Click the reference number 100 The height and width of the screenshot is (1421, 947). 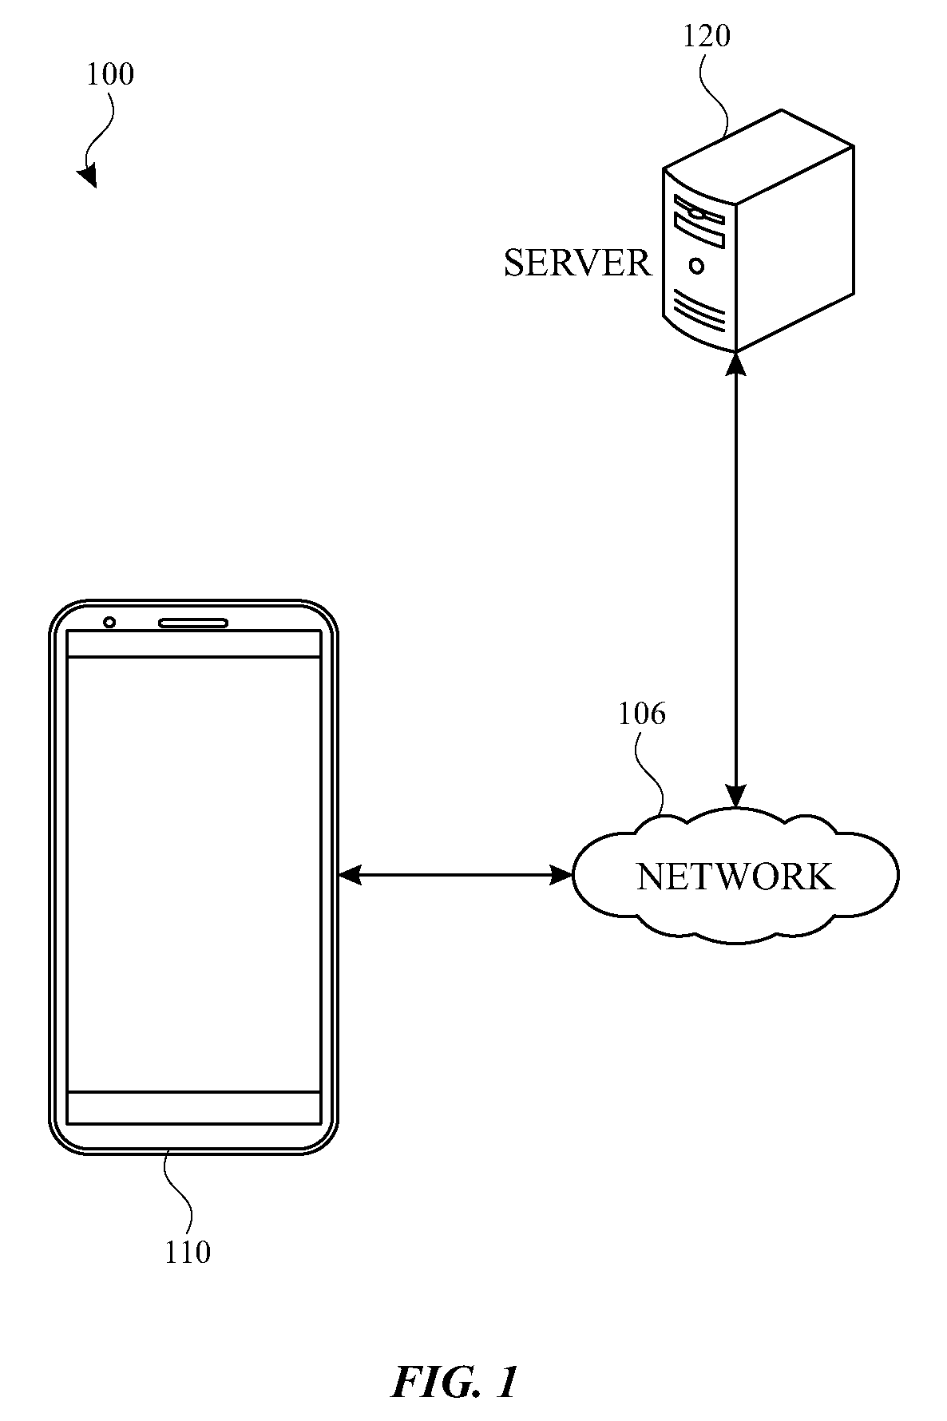tap(110, 74)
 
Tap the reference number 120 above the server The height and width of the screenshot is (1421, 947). tap(706, 36)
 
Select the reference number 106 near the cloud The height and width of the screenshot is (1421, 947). tap(641, 713)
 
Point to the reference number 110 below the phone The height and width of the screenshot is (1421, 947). tap(188, 1252)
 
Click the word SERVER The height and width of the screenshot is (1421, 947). tap(577, 263)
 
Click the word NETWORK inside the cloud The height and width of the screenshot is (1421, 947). tap(735, 877)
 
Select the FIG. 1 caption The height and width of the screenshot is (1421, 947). tap(455, 1382)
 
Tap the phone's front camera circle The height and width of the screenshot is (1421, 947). tap(109, 623)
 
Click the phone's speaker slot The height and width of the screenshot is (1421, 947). tap(193, 623)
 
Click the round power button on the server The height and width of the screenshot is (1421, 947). tap(697, 266)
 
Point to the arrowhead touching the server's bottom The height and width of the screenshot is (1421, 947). tap(735, 363)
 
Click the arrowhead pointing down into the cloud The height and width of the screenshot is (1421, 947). tap(735, 796)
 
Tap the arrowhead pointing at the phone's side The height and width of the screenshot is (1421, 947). tap(350, 876)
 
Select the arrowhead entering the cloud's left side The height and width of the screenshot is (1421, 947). tap(562, 876)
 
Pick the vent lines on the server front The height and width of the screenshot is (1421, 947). tap(699, 311)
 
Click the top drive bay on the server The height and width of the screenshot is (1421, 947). tap(699, 209)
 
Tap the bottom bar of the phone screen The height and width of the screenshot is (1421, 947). tap(194, 1108)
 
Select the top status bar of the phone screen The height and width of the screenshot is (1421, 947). tap(194, 643)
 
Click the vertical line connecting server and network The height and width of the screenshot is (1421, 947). tap(735, 580)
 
